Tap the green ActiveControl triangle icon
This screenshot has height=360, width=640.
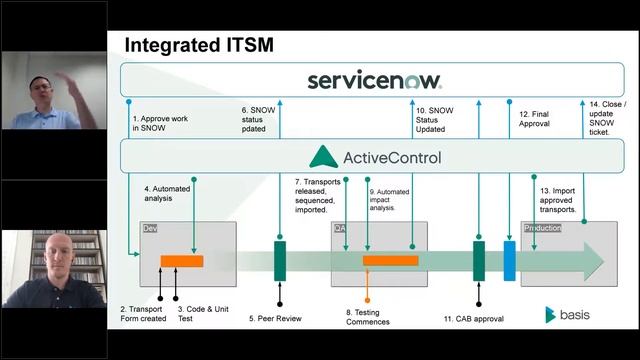click(323, 157)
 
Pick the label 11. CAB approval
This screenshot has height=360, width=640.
click(474, 320)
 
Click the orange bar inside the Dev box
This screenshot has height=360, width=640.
click(182, 261)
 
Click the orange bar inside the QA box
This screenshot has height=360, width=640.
click(390, 261)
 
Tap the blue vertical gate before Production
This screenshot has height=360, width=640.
click(509, 261)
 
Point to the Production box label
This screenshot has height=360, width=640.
click(543, 228)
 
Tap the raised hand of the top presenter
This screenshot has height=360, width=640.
click(63, 78)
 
